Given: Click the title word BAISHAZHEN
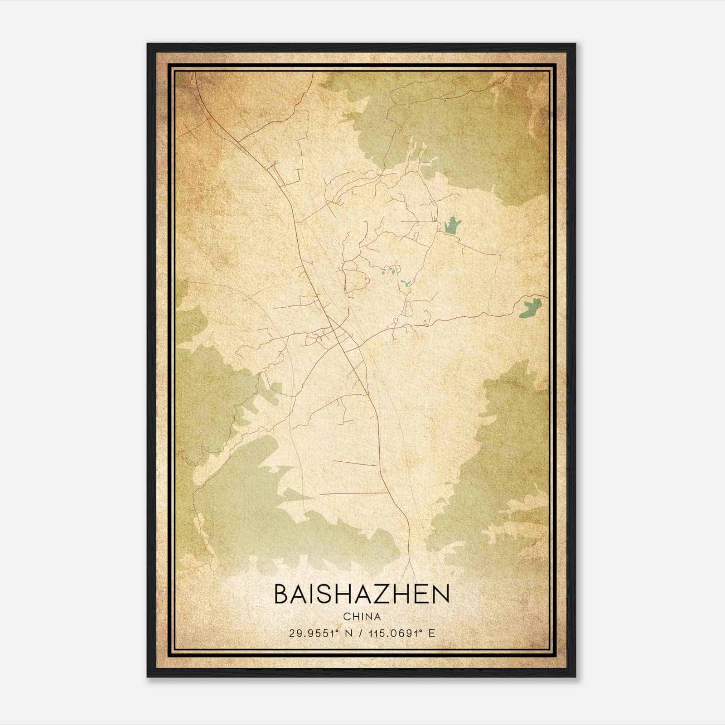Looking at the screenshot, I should coord(362,594).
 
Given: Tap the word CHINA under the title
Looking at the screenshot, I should coord(362,617).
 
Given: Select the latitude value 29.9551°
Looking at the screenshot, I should coord(313,633).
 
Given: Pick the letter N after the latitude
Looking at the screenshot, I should coord(348,633).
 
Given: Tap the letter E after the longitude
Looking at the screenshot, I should coord(432,633).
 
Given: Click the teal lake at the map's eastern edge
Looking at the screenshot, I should coord(530,308).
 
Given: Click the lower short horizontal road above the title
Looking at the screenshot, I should coord(354,493).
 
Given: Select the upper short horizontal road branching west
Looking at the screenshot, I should coord(356,463).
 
